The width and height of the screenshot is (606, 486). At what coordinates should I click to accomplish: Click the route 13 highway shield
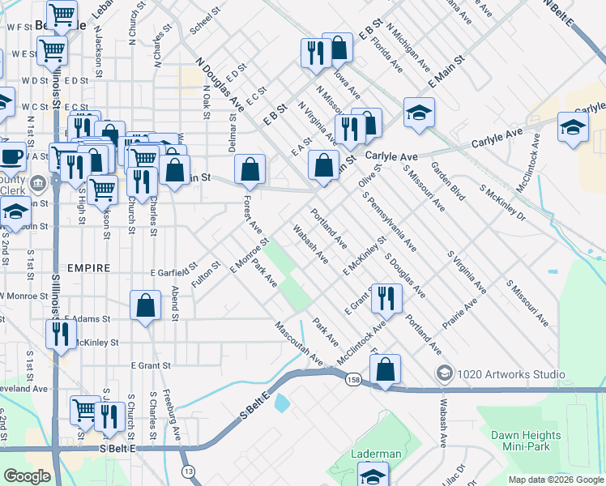[188, 471]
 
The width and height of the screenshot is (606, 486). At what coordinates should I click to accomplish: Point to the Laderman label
[375, 454]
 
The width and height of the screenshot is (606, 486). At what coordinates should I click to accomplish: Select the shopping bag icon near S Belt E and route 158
[386, 369]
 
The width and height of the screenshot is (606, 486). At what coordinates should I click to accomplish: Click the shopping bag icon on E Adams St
[145, 305]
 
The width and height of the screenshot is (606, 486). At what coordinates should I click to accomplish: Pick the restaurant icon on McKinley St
[62, 333]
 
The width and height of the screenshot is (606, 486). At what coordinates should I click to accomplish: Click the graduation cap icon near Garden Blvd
[419, 113]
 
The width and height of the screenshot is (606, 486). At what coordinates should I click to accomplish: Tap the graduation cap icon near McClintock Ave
[573, 128]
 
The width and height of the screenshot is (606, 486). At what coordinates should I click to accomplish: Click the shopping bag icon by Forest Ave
[250, 169]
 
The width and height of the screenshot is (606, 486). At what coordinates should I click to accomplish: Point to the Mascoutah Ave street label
[298, 344]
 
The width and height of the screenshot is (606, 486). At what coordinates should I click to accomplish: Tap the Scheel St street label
[205, 23]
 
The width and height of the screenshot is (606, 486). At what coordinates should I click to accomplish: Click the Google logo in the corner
[27, 476]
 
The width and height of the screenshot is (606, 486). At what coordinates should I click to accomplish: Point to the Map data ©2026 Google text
[555, 480]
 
